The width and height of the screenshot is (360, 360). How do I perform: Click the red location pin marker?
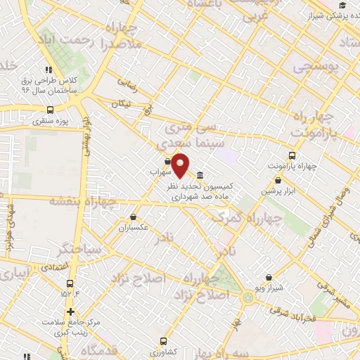coord(181,166)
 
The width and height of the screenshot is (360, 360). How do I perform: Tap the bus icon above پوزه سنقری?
coord(49,110)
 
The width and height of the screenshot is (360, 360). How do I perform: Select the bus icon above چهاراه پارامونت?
coord(292,155)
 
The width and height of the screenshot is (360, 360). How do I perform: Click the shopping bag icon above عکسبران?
coord(134,217)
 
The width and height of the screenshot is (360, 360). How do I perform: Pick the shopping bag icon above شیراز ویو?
coord(269,278)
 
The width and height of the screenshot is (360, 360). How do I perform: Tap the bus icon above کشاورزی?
coord(164,340)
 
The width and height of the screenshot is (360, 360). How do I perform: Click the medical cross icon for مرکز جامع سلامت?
coord(70,311)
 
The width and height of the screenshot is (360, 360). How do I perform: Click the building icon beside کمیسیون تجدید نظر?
coord(200,175)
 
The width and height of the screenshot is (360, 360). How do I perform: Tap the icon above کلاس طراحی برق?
coord(48,70)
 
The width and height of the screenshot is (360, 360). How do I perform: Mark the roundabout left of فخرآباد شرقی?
coord(248,297)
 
